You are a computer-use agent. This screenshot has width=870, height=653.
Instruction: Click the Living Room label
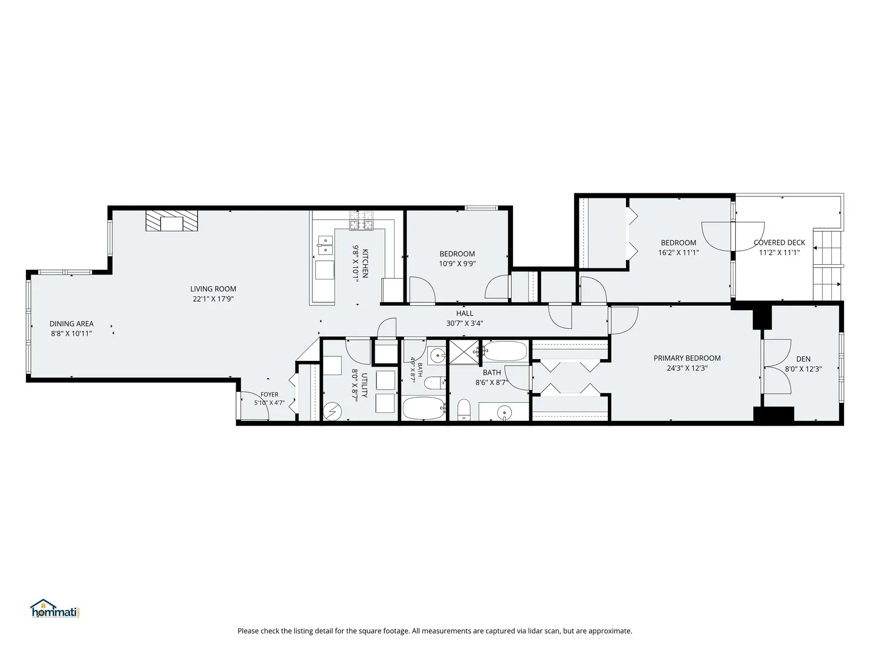click(213, 289)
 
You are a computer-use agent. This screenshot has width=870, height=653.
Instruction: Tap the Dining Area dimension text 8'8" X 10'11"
click(71, 334)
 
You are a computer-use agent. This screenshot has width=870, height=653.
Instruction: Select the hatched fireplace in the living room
click(172, 221)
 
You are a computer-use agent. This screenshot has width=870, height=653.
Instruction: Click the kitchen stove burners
click(361, 220)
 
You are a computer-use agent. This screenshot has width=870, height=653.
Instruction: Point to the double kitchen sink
click(325, 245)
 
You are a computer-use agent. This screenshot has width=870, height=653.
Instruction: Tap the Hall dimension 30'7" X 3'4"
click(465, 323)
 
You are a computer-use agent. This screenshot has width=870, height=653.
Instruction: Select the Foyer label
click(269, 394)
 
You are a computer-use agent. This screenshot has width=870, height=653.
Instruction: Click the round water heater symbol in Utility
click(332, 412)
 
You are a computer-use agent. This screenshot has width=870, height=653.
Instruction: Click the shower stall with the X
click(464, 352)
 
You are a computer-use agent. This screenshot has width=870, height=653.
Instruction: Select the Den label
click(803, 359)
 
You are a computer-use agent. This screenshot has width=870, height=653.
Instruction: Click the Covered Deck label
click(779, 242)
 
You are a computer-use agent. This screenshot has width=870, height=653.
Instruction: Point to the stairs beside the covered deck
click(826, 265)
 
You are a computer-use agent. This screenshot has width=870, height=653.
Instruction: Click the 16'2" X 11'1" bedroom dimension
click(678, 253)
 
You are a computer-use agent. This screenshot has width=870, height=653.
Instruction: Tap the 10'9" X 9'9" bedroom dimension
click(457, 264)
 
